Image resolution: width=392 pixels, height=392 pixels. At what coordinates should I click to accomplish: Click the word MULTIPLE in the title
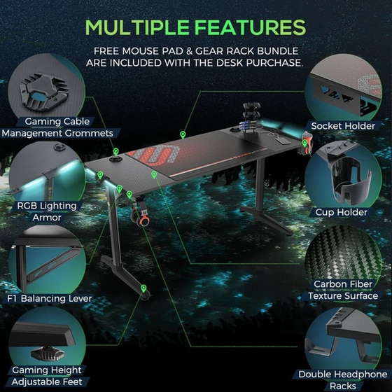pos(137,27)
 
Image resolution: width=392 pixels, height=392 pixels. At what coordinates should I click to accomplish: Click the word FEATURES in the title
pos(251,27)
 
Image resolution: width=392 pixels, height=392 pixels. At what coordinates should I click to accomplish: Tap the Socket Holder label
pos(343,126)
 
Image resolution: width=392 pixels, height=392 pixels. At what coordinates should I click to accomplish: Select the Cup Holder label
pos(342,213)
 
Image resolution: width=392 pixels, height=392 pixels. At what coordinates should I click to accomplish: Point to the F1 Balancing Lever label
pos(50,298)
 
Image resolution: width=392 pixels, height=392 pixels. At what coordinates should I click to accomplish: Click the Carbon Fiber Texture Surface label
pos(343,290)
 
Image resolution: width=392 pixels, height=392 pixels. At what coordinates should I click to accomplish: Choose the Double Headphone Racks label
pos(343,380)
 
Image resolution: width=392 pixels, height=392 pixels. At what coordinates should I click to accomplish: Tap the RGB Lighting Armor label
pos(47,211)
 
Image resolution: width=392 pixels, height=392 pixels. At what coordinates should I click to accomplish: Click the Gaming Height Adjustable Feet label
pos(47,376)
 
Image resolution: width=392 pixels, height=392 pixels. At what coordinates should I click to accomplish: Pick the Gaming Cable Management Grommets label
pos(57,127)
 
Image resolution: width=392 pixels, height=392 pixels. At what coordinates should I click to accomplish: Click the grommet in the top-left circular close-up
pos(44,92)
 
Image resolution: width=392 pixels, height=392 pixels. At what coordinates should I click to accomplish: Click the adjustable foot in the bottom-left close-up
pos(48,353)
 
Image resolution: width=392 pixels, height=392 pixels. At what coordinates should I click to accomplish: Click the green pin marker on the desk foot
pos(143,288)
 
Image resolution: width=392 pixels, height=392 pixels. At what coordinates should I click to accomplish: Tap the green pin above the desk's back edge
pos(183,134)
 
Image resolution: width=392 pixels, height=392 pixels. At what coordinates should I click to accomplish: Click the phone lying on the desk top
pos(283,141)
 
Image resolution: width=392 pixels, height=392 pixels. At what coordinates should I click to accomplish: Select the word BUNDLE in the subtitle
pos(277,51)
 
